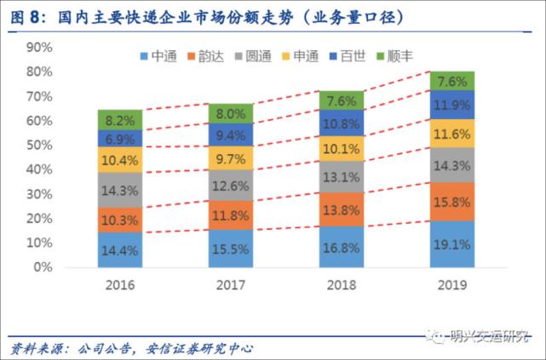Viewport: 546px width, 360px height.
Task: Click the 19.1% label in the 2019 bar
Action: click(x=451, y=245)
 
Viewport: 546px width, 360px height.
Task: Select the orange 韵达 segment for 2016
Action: click(x=119, y=220)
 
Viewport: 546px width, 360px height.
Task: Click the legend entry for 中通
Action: click(x=159, y=56)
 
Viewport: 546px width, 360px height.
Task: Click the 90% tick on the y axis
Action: click(x=40, y=47)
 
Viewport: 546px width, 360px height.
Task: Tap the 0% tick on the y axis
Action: click(x=43, y=267)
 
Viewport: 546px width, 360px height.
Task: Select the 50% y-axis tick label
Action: click(x=40, y=145)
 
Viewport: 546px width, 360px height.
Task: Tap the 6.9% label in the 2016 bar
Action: click(x=119, y=138)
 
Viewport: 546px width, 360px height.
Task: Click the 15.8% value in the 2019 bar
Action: click(x=451, y=203)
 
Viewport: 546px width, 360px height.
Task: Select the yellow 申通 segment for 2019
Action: click(x=451, y=134)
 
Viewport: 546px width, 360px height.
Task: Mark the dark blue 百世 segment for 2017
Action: click(x=231, y=134)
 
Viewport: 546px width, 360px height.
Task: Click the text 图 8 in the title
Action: click(x=21, y=15)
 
